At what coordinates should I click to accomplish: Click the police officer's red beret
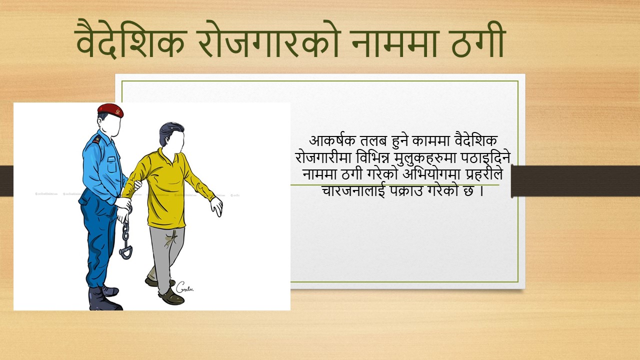(x=110, y=110)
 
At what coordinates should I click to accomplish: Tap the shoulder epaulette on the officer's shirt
(x=97, y=140)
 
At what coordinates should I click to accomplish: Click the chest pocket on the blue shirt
(x=111, y=164)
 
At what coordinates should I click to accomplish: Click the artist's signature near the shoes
(x=184, y=287)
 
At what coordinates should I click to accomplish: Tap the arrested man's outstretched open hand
(x=216, y=206)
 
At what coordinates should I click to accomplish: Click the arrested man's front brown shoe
(x=171, y=297)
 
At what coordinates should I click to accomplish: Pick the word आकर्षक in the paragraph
(x=332, y=141)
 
